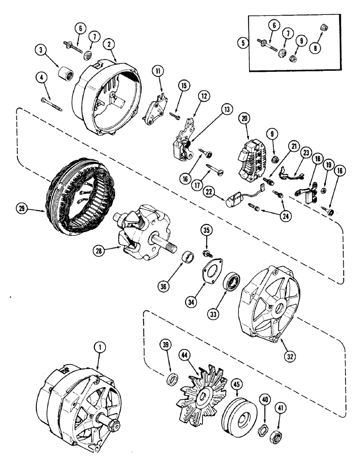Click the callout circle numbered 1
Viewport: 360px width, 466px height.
point(98,347)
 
